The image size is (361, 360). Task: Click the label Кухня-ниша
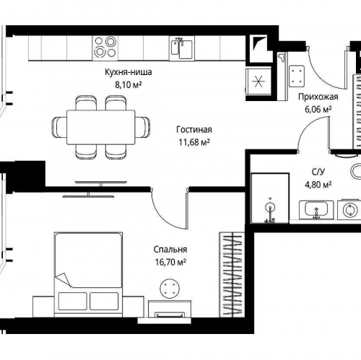point(129,72)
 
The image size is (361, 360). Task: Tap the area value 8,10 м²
point(129,84)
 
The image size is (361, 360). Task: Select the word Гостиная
point(194,130)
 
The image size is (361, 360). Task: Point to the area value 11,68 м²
point(194,142)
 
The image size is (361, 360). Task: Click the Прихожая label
point(318,97)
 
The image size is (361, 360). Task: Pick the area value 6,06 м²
point(318,110)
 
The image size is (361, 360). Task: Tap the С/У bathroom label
point(318,172)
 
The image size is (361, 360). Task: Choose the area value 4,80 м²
point(318,185)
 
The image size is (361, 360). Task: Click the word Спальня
point(170,250)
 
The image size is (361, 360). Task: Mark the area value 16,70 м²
point(170,262)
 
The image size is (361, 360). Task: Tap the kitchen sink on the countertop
point(182,48)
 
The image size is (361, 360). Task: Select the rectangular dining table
point(101,127)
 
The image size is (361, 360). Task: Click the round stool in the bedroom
point(170,289)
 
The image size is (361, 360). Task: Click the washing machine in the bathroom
point(349,210)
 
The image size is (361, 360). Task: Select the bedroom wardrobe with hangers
point(232,274)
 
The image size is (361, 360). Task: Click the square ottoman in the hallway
point(297,76)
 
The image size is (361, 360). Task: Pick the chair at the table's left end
point(59,127)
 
